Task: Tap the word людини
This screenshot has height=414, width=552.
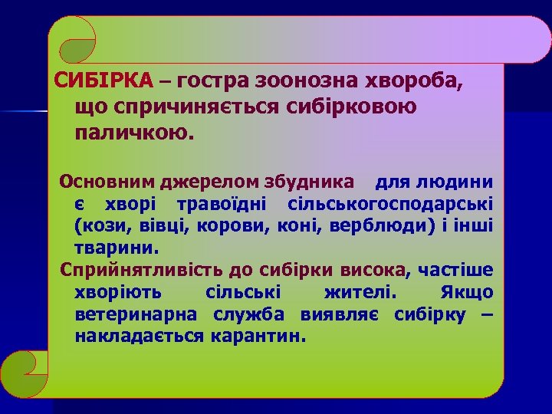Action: coord(462,182)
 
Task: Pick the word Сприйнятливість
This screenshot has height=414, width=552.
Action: coord(130,271)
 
